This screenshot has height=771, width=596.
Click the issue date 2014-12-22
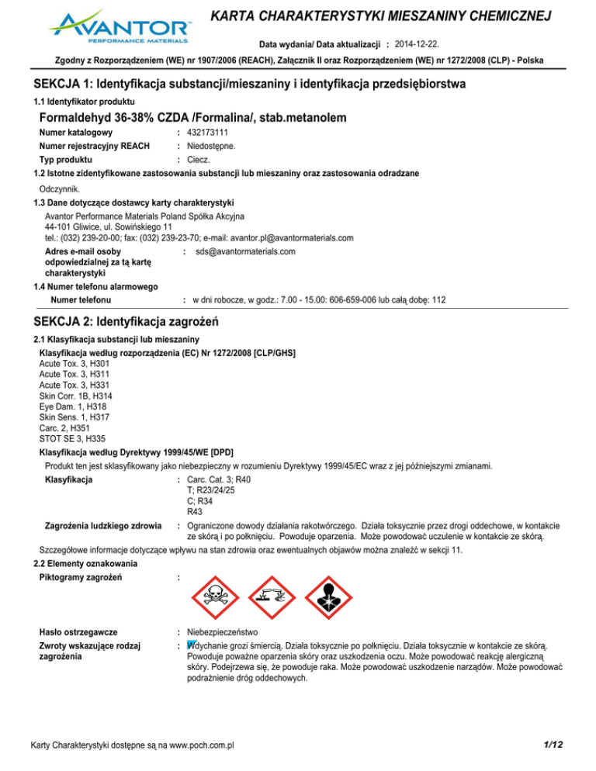pos(419,40)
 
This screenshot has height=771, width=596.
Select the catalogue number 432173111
pos(213,133)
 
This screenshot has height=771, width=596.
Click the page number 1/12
pos(553,745)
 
